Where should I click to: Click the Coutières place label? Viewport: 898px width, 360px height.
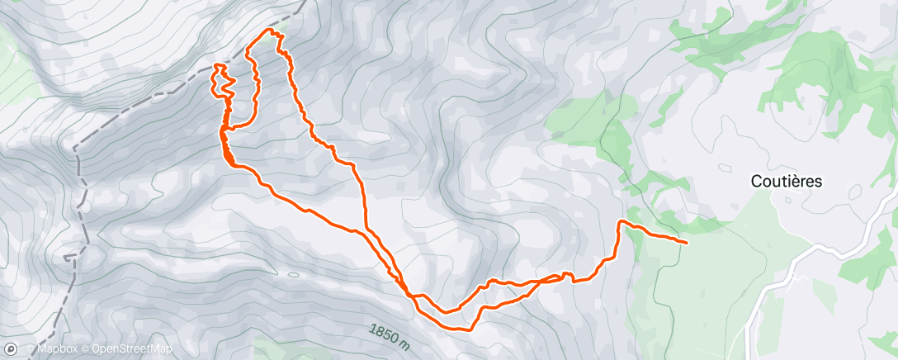[786, 182]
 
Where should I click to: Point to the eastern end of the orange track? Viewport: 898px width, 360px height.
[687, 242]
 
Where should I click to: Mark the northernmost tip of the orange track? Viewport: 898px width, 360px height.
[268, 31]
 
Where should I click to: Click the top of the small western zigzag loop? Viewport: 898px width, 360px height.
[219, 64]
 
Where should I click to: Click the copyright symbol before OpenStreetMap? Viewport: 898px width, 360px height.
[86, 349]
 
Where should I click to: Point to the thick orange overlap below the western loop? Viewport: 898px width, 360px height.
[224, 144]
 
